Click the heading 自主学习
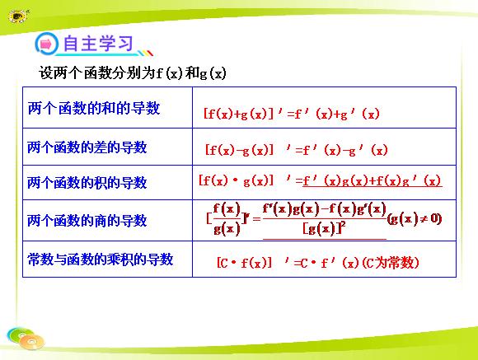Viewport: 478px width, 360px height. pyautogui.click(x=98, y=44)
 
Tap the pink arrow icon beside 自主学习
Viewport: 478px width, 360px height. pyautogui.click(x=46, y=44)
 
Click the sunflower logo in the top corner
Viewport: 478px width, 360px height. pyautogui.click(x=18, y=16)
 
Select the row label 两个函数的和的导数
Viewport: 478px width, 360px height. pyautogui.click(x=94, y=108)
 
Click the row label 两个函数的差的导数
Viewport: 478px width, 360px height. pyautogui.click(x=87, y=147)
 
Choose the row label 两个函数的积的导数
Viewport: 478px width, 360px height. pyautogui.click(x=87, y=183)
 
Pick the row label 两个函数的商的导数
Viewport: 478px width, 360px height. pyautogui.click(x=87, y=221)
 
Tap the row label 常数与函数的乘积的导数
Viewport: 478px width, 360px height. pyautogui.click(x=101, y=259)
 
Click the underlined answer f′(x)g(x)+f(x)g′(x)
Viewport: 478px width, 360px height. pyautogui.click(x=373, y=180)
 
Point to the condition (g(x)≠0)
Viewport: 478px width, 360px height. pyautogui.click(x=415, y=219)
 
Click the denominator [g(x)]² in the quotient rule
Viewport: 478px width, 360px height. pyautogui.click(x=324, y=228)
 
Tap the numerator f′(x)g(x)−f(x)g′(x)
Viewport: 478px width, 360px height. pyautogui.click(x=325, y=209)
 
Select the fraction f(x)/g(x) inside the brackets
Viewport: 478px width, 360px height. pyautogui.click(x=227, y=219)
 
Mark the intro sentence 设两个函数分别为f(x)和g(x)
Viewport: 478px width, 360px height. pyautogui.click(x=133, y=73)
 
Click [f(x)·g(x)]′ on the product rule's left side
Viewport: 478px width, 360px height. pyautogui.click(x=245, y=180)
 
